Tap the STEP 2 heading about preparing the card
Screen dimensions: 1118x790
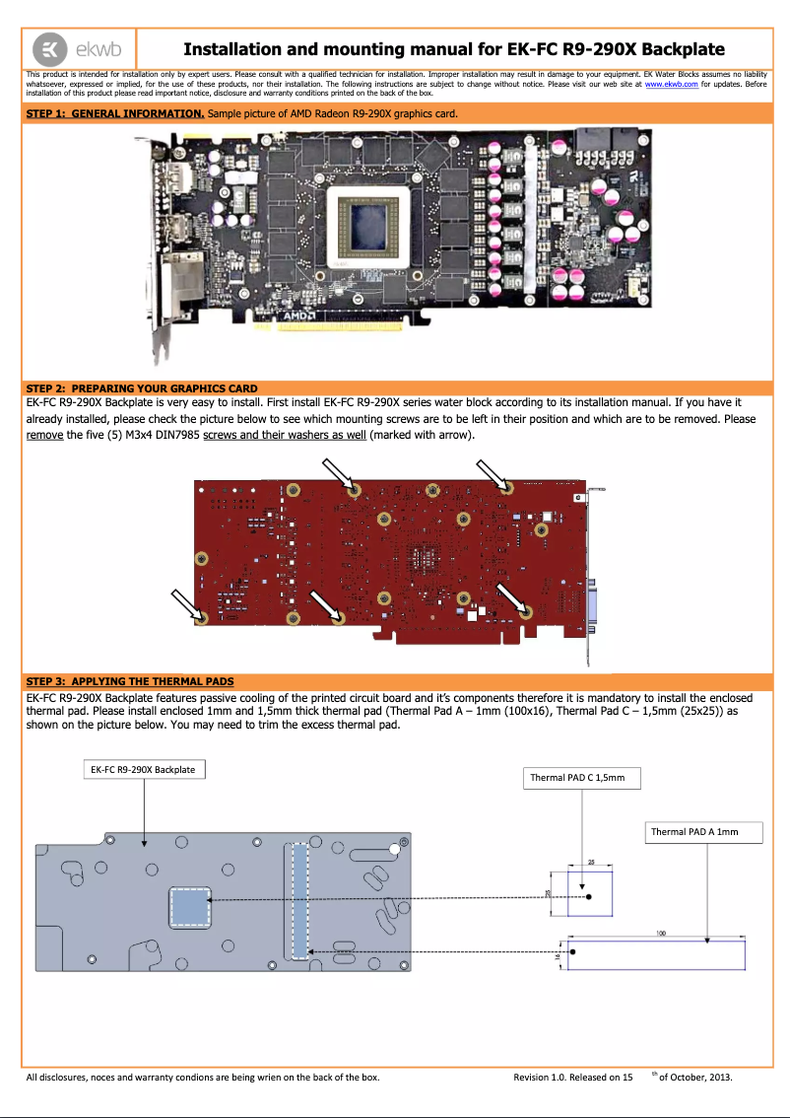(x=142, y=387)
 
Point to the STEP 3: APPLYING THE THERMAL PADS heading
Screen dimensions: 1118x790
(x=130, y=681)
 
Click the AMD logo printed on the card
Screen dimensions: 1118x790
(x=299, y=316)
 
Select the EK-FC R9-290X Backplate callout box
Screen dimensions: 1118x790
(x=143, y=769)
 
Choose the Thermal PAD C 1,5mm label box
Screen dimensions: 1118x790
(x=584, y=778)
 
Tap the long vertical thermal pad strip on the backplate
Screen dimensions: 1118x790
(x=298, y=900)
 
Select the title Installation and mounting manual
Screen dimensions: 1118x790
(x=454, y=48)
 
